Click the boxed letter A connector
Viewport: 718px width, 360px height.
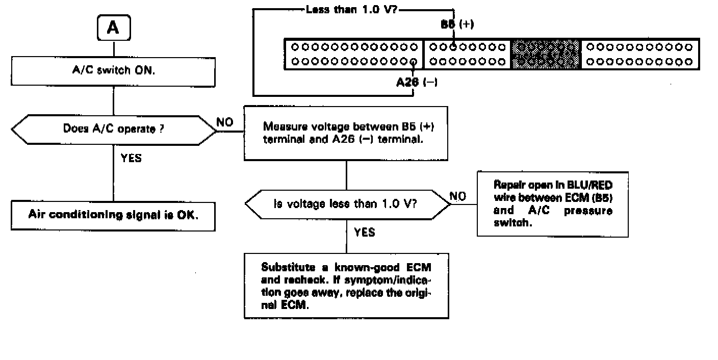113,29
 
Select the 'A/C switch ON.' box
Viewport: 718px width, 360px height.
113,71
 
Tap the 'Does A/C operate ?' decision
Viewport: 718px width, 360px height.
113,130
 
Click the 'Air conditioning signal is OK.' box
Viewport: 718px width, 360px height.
113,215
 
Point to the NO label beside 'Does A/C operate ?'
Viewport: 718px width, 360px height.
225,122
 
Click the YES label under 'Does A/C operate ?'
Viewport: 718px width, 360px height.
131,158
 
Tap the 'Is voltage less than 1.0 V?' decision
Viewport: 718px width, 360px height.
347,204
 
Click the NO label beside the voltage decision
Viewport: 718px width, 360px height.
457,197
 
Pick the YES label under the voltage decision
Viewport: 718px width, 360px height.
364,233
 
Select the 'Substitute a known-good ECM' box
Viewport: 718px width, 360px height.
346,286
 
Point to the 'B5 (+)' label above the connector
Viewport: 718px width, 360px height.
457,24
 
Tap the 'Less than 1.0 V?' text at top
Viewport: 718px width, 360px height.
353,9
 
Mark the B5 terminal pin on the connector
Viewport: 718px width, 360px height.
452,47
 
